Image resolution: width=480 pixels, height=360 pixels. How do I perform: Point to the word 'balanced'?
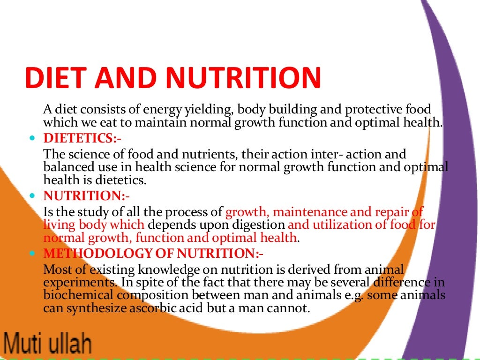pos(66,167)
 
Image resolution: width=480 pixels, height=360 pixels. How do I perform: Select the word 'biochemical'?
pos(73,296)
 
